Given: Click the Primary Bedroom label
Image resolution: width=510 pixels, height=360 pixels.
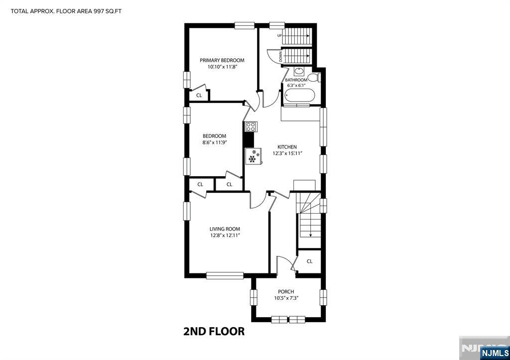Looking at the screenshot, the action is [x=222, y=60].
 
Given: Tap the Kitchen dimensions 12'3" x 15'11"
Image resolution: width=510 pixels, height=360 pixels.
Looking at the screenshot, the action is [x=287, y=153].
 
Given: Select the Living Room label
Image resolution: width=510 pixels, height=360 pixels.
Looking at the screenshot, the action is [x=225, y=229].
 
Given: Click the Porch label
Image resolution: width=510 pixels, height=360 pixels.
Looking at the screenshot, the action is [x=286, y=292].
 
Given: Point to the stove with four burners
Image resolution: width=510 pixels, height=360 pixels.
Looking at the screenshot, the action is [x=251, y=126].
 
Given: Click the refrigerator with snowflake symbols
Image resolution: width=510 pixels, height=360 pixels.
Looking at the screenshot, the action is [x=254, y=156].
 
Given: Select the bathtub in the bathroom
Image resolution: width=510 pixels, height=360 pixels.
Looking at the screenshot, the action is [x=299, y=96].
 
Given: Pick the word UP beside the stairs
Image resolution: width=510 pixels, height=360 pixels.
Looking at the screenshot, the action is [x=279, y=35].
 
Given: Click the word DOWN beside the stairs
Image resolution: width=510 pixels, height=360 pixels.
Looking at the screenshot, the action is [x=280, y=57].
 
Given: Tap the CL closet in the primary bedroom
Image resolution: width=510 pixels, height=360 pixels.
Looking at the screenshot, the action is [x=199, y=95].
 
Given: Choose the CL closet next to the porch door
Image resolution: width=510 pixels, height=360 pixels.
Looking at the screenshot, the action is [x=309, y=261].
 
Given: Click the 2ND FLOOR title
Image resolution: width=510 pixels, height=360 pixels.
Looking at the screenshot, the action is [x=214, y=332].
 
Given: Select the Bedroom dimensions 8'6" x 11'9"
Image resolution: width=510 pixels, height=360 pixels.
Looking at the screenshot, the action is [x=214, y=142].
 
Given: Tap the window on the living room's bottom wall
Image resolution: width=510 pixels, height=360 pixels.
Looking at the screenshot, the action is [x=225, y=275].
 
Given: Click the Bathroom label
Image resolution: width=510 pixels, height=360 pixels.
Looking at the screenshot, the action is [x=296, y=80].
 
